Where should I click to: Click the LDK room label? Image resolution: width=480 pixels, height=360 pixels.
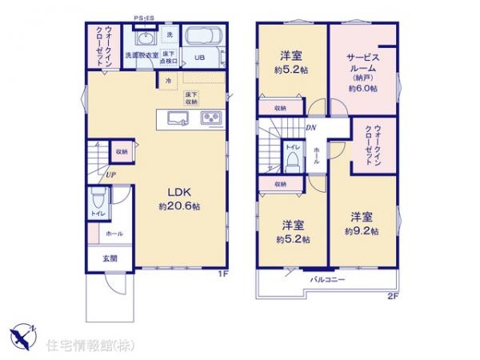click(178, 192)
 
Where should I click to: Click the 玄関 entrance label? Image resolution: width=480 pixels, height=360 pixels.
click(109, 259)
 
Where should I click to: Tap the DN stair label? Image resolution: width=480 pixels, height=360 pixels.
click(310, 128)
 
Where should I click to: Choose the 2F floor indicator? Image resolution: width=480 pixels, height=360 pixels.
click(392, 295)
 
